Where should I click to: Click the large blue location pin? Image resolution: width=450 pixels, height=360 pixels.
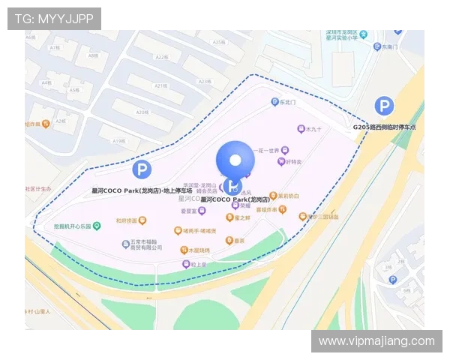(x=235, y=160)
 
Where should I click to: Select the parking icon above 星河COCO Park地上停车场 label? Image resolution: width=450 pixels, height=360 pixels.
(x=141, y=169)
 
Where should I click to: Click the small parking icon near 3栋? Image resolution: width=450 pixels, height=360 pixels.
(x=392, y=280)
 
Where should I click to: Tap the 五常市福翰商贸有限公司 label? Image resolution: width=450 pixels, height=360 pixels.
(x=142, y=247)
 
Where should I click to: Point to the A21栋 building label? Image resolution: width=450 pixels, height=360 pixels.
(x=160, y=85)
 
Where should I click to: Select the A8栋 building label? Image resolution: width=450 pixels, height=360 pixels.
(x=93, y=56)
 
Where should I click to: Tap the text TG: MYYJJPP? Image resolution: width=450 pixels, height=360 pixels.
(x=54, y=18)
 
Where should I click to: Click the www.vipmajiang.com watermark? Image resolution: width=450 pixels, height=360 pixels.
(x=376, y=341)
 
